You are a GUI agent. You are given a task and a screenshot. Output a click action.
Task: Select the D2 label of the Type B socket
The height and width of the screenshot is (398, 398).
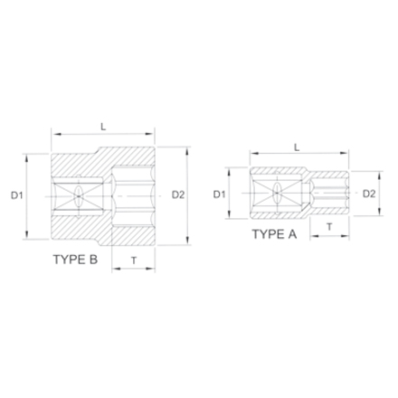pyautogui.click(x=177, y=194)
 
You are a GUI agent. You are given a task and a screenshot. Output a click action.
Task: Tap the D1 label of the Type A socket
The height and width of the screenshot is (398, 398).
pyautogui.click(x=218, y=194)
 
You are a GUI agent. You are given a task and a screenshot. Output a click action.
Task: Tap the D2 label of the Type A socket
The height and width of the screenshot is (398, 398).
pyautogui.click(x=369, y=194)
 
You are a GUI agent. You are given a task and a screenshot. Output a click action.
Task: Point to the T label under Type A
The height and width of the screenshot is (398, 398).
pyautogui.click(x=329, y=226)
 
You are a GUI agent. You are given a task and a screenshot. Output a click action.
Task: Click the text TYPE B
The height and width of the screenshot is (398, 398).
pyautogui.click(x=77, y=259)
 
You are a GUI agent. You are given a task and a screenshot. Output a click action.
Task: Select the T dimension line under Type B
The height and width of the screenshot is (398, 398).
pyautogui.click(x=134, y=270)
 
